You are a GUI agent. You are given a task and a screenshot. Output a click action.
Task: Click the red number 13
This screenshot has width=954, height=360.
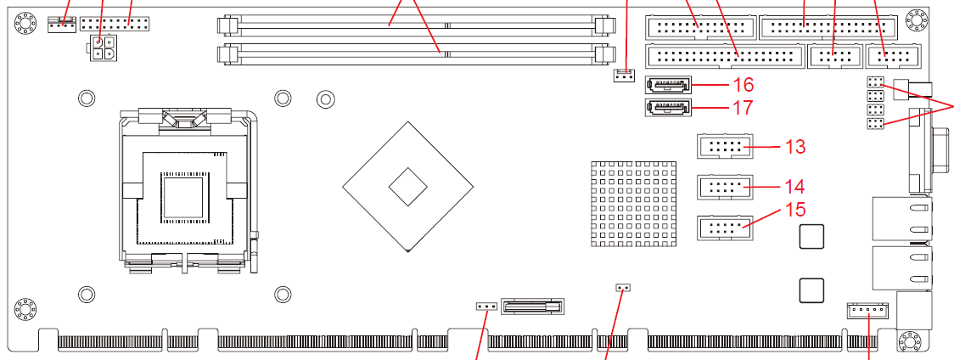tap(794, 147)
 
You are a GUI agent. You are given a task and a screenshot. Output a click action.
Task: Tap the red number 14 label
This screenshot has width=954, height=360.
tap(794, 185)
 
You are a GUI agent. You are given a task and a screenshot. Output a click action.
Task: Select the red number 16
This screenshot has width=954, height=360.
tap(743, 85)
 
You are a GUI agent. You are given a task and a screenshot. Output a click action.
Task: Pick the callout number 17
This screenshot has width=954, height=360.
tap(743, 108)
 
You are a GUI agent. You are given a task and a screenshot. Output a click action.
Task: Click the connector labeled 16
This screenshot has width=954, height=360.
tap(669, 85)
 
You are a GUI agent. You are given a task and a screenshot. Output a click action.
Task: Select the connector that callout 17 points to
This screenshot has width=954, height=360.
tap(669, 108)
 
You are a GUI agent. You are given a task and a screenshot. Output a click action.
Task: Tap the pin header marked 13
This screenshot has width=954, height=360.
tap(725, 147)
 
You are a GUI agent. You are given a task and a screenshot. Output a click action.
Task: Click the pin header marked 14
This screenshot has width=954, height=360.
tap(725, 186)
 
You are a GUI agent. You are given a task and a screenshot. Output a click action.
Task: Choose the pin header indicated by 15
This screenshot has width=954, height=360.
tap(725, 227)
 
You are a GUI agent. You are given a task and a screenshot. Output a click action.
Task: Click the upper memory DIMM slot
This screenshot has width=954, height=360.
tap(416, 25)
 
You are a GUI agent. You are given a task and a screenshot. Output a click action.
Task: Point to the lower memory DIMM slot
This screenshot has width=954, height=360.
tap(416, 53)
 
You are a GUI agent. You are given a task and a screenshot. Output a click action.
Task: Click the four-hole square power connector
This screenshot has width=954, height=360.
tap(101, 48)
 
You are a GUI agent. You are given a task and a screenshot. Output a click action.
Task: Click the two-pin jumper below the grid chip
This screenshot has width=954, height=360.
tap(623, 288)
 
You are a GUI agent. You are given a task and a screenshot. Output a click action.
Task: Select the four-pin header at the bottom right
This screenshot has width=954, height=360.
tap(867, 310)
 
